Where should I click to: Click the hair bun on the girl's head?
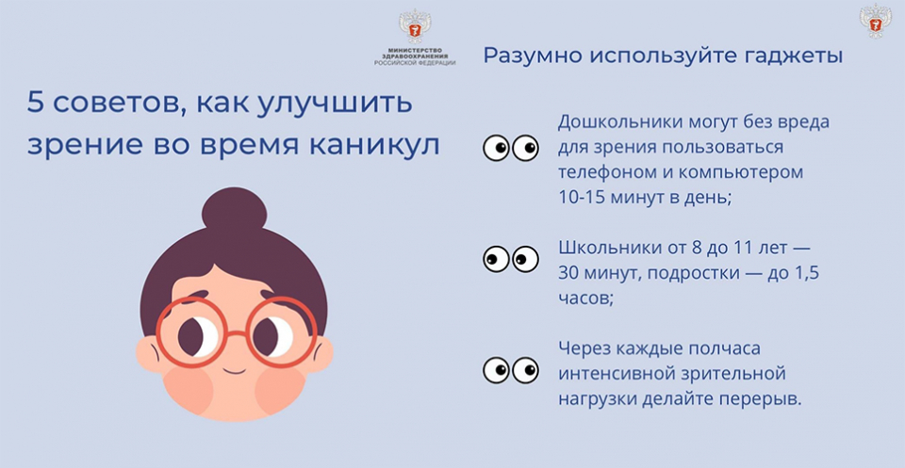[235, 210]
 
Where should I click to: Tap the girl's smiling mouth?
[235, 371]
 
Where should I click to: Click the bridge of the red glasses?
[237, 333]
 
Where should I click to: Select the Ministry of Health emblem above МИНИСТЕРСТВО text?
[415, 26]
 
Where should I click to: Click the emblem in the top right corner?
[876, 21]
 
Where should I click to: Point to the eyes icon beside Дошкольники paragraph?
[511, 148]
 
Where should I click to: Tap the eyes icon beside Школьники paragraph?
[511, 259]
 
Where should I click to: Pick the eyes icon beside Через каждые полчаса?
[511, 370]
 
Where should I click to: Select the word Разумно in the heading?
[528, 56]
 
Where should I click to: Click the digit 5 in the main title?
[35, 104]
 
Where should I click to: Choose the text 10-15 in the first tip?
[580, 197]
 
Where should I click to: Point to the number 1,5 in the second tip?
[808, 274]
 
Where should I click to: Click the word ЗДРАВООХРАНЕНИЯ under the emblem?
[415, 56]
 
